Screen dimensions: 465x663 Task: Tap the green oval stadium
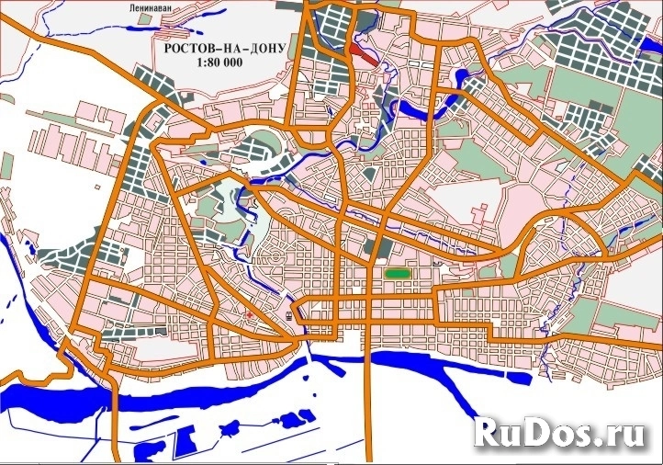(398, 273)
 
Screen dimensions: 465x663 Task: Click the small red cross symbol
(250, 315)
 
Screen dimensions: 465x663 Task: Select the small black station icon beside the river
(289, 314)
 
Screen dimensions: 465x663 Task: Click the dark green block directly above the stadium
(375, 246)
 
